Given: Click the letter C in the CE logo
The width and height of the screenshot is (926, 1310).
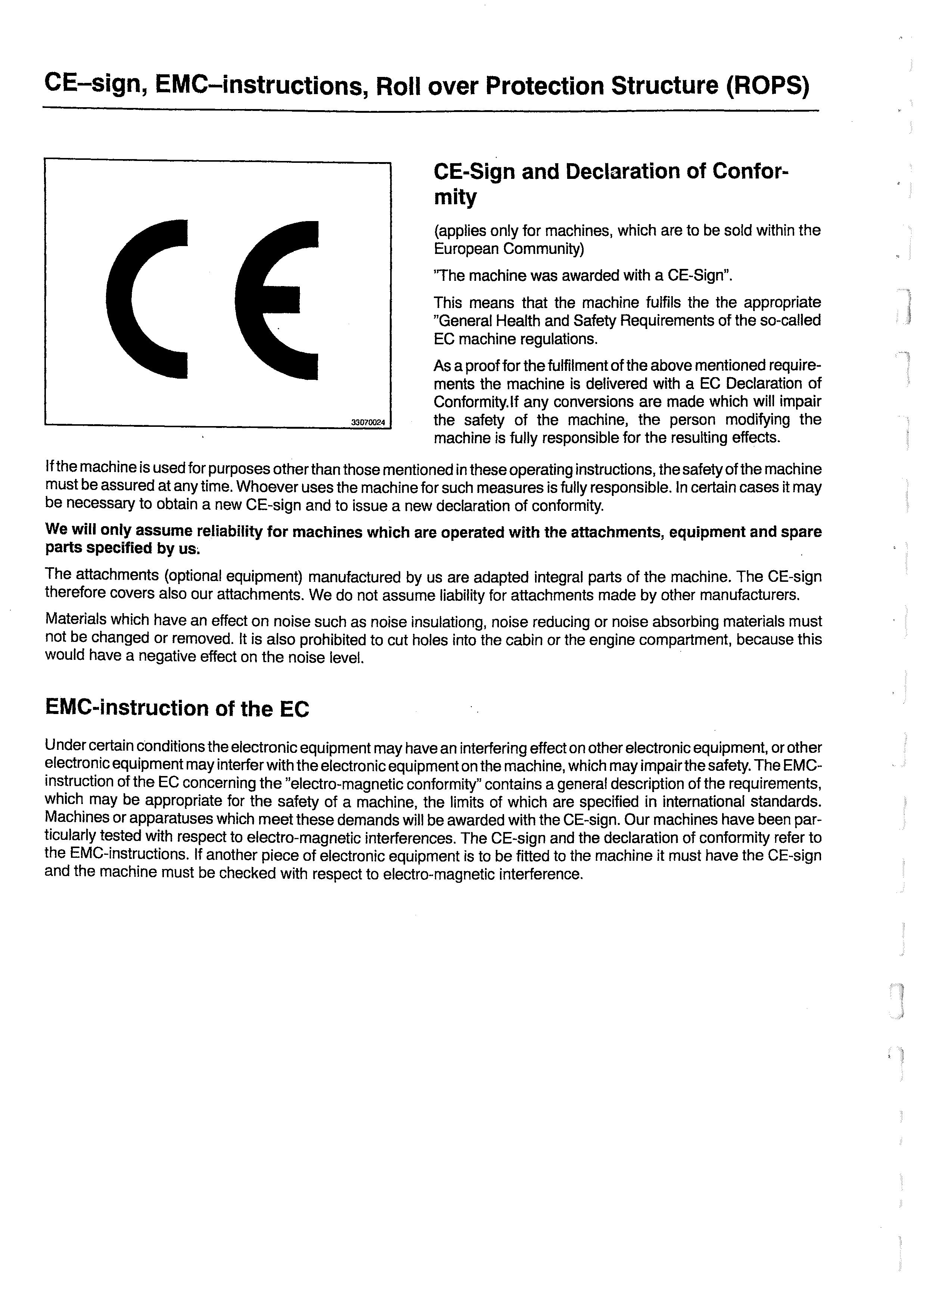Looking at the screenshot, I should coord(143,299).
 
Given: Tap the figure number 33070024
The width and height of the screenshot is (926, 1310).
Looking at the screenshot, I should coord(368,423).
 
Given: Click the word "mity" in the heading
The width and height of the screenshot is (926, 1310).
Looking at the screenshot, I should coord(455,198).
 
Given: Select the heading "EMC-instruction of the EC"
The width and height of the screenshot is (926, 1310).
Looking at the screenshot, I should coord(177,709).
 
